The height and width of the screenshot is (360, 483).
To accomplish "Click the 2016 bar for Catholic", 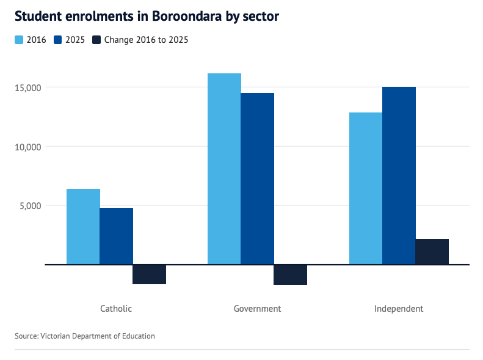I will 83,227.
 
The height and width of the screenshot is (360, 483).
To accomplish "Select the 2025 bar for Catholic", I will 116,236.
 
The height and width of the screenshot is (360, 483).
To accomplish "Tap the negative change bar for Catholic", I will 149,274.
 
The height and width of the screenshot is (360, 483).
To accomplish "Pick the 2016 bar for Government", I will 224,169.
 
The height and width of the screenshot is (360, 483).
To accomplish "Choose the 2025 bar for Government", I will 257,178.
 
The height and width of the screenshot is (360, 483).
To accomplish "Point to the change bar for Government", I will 290,274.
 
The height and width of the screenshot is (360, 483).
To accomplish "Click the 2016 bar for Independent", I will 365,188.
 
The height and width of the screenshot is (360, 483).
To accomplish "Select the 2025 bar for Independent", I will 399,175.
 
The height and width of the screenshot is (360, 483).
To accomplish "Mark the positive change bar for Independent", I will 432,252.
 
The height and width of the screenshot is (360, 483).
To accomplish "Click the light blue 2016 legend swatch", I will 19,40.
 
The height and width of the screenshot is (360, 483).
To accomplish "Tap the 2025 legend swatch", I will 58,40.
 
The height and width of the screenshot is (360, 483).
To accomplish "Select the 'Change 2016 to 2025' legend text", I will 146,40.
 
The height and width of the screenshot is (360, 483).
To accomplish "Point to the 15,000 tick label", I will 28,87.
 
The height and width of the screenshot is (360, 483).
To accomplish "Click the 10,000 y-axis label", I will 28,147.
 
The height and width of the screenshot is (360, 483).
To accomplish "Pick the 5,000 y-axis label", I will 31,205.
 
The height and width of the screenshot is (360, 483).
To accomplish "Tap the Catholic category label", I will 116,309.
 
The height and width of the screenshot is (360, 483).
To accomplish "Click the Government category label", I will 257,309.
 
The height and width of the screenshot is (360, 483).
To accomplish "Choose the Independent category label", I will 398,309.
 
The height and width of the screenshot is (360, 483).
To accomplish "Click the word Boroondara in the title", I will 177,17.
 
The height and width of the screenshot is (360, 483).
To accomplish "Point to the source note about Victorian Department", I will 85,336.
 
